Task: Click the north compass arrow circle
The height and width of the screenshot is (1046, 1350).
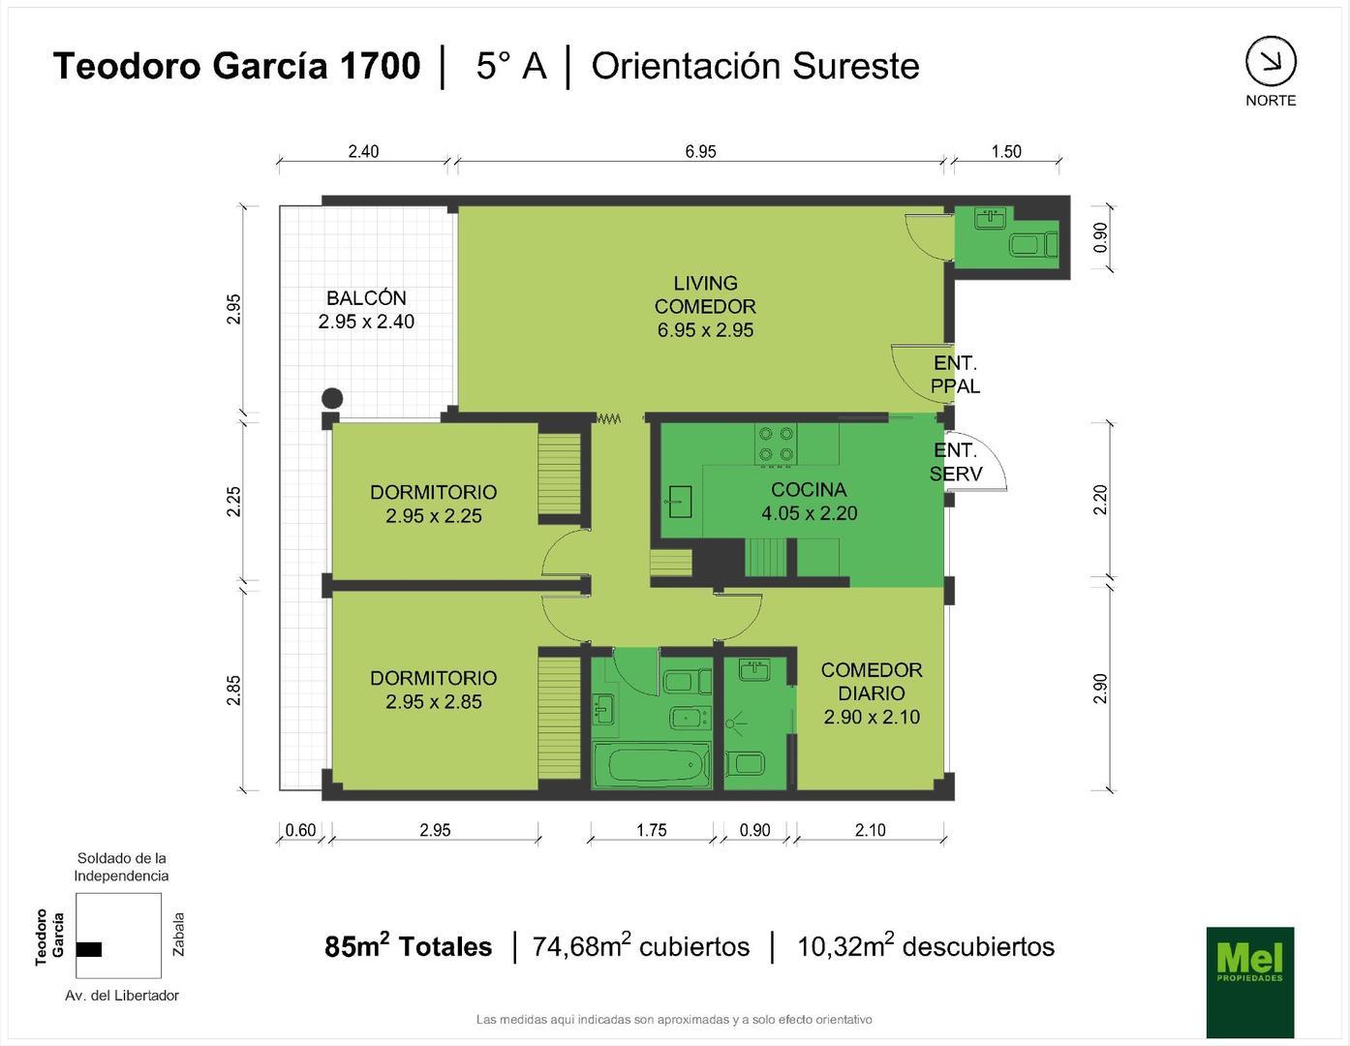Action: pyautogui.click(x=1270, y=62)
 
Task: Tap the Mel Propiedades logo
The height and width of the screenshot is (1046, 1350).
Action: pyautogui.click(x=1249, y=981)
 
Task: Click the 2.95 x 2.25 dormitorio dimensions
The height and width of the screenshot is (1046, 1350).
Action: pyautogui.click(x=434, y=516)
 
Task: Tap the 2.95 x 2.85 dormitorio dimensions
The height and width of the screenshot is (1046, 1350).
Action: pyautogui.click(x=434, y=702)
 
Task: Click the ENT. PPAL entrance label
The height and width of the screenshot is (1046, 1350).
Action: pyautogui.click(x=955, y=375)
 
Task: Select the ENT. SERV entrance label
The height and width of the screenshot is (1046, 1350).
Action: pyautogui.click(x=956, y=462)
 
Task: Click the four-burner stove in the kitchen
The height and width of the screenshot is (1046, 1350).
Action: pyautogui.click(x=776, y=444)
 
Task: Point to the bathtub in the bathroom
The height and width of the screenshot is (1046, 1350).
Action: pyautogui.click(x=651, y=766)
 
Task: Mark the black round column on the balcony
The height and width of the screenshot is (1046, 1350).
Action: pyautogui.click(x=332, y=398)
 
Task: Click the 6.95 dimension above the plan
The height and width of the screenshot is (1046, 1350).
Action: pyautogui.click(x=700, y=151)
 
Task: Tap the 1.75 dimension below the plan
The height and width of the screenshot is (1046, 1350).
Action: pyautogui.click(x=652, y=830)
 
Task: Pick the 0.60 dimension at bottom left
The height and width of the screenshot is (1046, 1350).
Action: pyautogui.click(x=300, y=830)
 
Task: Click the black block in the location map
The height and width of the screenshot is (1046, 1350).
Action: pyautogui.click(x=88, y=949)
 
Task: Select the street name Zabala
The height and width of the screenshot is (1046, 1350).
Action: pyautogui.click(x=178, y=934)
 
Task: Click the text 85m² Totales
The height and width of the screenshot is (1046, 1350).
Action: pyautogui.click(x=408, y=946)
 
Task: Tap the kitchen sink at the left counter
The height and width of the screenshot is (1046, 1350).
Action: pyautogui.click(x=680, y=502)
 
